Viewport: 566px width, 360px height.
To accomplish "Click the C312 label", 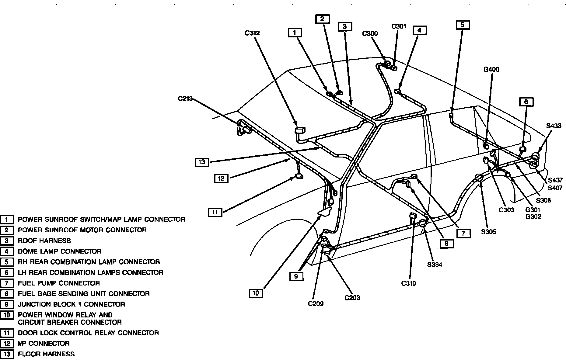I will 252,33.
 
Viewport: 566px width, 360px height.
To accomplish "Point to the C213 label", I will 186,99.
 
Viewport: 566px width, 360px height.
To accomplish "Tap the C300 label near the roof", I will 370,34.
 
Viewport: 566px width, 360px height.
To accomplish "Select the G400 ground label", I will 491,70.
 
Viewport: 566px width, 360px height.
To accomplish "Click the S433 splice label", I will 554,126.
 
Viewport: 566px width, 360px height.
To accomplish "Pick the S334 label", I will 435,265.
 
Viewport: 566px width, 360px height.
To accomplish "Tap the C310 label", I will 408,283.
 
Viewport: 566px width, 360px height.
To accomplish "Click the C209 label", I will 316,303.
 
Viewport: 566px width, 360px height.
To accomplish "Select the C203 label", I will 352,298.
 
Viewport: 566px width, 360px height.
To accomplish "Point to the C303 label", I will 506,210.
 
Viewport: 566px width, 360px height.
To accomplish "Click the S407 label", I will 555,188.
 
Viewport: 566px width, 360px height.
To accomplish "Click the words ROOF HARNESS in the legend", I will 44,241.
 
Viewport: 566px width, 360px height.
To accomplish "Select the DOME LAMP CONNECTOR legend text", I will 60,251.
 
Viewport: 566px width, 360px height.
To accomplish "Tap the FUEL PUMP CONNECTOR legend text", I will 59,283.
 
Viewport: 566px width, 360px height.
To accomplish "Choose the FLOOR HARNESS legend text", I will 46,354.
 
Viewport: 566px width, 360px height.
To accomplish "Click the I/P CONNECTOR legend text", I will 44,344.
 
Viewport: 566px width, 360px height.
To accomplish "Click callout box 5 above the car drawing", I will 463,25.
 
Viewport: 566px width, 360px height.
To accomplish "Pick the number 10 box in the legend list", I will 7,315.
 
